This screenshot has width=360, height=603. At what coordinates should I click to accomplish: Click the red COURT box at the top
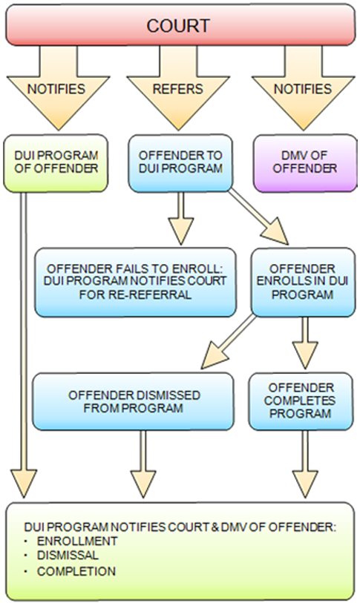click(x=180, y=25)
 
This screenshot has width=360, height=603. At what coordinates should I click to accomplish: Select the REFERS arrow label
click(x=178, y=89)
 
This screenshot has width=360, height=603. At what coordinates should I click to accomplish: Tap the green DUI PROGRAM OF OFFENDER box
click(x=56, y=162)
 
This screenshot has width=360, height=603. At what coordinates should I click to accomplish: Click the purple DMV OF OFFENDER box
click(x=305, y=162)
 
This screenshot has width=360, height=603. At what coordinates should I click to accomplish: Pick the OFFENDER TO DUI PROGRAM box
click(x=180, y=162)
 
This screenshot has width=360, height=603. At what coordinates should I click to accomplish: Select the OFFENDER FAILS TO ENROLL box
click(x=135, y=283)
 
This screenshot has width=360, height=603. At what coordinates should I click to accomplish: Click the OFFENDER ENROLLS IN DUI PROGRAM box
click(x=303, y=283)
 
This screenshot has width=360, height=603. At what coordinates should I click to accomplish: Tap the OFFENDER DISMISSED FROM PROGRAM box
click(x=133, y=401)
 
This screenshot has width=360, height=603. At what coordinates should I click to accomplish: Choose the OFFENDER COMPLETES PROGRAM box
click(x=301, y=401)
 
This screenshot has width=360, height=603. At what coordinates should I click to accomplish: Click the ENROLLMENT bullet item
click(x=77, y=541)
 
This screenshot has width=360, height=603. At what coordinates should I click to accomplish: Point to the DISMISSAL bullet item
click(x=68, y=556)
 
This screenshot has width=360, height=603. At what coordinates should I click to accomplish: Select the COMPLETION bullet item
click(x=76, y=571)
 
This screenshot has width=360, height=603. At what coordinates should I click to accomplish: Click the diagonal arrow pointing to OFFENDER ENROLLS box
click(x=258, y=216)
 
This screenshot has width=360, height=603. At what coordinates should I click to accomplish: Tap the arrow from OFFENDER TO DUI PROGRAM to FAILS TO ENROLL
click(x=180, y=218)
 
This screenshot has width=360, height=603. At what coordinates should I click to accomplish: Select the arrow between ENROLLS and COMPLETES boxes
click(x=305, y=343)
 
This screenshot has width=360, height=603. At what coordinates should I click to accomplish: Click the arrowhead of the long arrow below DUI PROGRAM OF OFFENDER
click(x=24, y=484)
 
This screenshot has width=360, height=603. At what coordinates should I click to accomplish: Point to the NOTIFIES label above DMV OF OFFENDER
click(x=303, y=89)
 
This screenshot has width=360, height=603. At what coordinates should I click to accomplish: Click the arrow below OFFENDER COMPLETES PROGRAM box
click(x=305, y=464)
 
